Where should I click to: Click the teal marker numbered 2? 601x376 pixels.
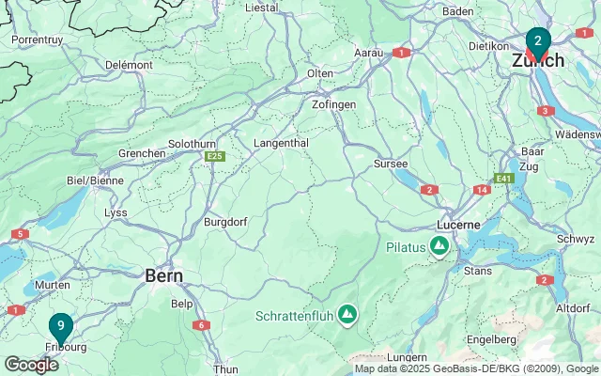tap(537, 42)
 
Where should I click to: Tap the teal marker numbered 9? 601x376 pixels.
tap(61, 327)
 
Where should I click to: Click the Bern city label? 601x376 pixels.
tap(163, 275)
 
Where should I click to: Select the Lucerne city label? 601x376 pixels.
tap(458, 226)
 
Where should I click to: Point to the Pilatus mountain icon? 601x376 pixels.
tap(439, 247)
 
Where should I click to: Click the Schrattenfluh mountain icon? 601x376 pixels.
tap(347, 313)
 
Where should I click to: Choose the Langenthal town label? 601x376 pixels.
tap(282, 143)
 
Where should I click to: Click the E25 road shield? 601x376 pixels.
tap(215, 156)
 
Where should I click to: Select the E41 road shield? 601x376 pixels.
tap(504, 178)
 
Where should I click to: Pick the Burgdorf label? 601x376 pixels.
tap(226, 223)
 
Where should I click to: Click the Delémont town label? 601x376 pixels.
tap(129, 65)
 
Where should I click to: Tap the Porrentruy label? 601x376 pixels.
tap(38, 40)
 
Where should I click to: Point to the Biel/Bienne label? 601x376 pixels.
tap(95, 180)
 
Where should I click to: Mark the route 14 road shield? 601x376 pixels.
tap(482, 190)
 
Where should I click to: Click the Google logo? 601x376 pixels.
tap(31, 364)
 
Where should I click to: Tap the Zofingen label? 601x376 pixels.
tap(333, 104)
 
